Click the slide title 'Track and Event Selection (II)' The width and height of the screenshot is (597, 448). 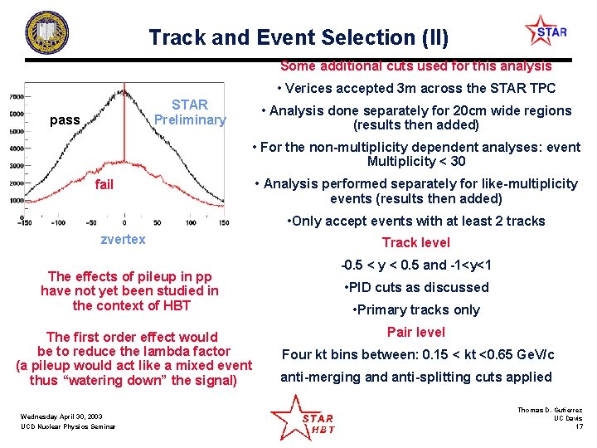click(x=298, y=37)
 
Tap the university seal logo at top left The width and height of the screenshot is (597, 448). click(x=48, y=33)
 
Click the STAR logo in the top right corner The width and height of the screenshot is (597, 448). click(x=546, y=32)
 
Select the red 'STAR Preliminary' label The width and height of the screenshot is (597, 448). click(x=190, y=112)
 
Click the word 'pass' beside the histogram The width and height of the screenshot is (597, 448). click(x=66, y=120)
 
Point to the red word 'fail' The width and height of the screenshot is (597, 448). click(x=104, y=184)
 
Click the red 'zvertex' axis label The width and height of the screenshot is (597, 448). click(x=123, y=239)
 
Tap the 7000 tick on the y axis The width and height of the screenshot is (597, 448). click(x=17, y=97)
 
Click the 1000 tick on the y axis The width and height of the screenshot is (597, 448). click(x=17, y=201)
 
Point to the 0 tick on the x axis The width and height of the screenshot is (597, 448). click(x=124, y=223)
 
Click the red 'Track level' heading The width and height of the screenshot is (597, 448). click(x=415, y=243)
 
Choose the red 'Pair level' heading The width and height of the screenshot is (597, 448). click(x=415, y=332)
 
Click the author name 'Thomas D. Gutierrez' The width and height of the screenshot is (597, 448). click(x=550, y=410)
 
